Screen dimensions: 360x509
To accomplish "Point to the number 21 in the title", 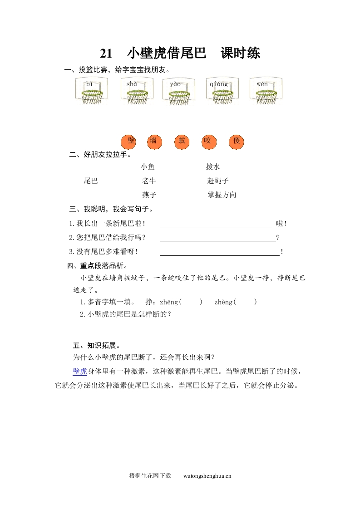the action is [x=106, y=54].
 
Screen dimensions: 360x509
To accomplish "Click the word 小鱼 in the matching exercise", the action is [x=148, y=167].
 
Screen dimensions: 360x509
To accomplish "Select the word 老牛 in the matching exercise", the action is [x=149, y=181].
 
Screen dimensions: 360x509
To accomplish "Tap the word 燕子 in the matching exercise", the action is [x=149, y=195].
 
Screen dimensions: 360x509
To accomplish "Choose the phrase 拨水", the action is [x=213, y=167].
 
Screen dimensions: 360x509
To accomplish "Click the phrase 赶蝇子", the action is [x=218, y=181].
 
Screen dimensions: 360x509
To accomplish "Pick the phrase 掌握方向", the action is [x=222, y=195].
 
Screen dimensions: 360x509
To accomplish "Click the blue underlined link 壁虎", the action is [x=80, y=372].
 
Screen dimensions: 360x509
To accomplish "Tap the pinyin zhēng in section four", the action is [x=169, y=302].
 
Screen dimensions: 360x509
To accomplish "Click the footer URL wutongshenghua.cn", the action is [x=207, y=476].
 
